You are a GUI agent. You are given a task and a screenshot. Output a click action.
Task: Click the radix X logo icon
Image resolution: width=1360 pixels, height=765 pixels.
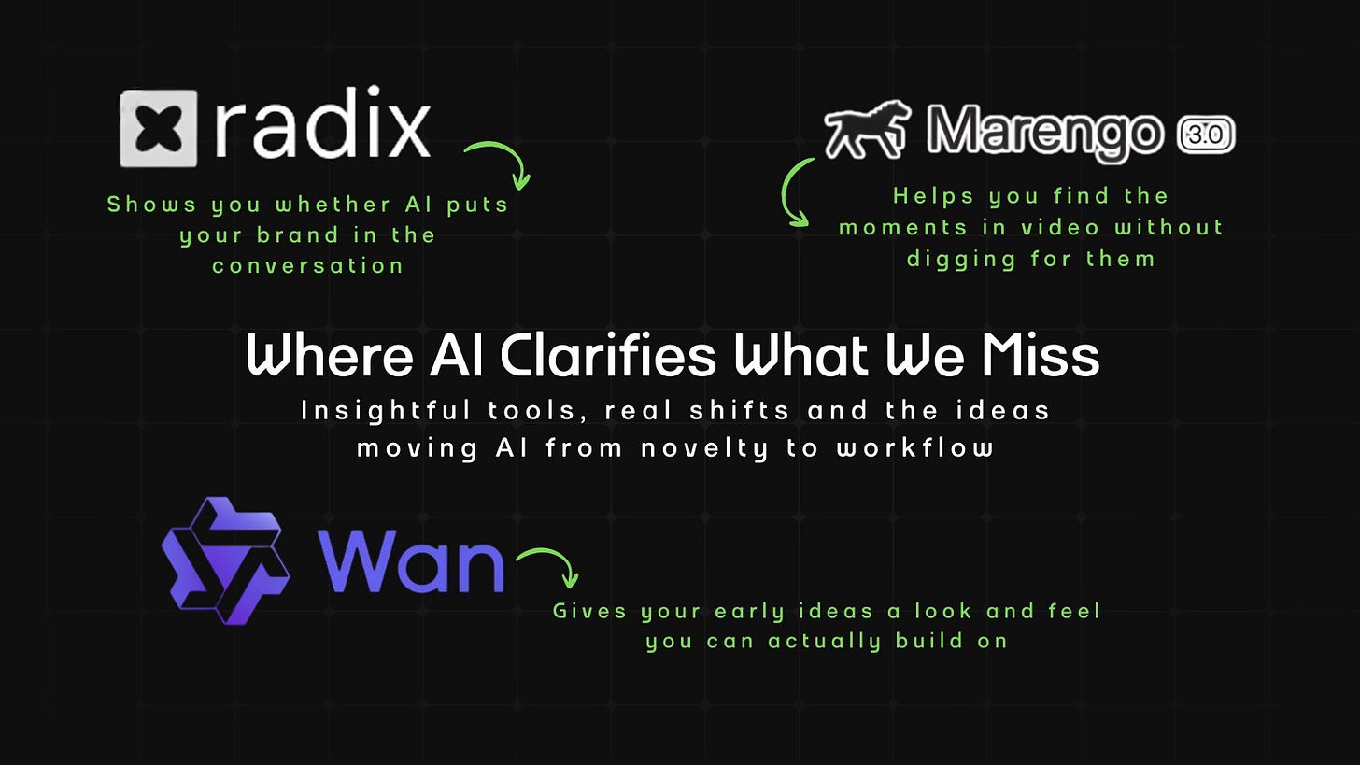[158, 128]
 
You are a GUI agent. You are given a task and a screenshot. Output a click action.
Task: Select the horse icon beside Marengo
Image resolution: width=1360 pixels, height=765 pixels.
[867, 129]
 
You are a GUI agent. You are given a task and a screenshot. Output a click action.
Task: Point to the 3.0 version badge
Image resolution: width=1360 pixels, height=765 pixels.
[1206, 135]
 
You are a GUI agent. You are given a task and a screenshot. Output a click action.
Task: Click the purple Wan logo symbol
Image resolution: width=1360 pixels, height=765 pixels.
[225, 560]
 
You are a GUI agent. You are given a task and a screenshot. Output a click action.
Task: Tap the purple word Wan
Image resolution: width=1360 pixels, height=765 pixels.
[410, 562]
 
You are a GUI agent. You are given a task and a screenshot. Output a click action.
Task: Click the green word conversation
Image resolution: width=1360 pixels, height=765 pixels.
[307, 265]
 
